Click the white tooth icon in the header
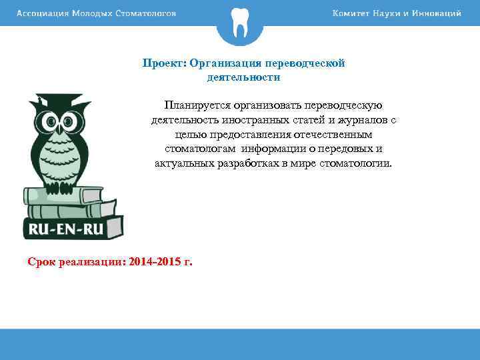click(240, 24)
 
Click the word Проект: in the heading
click(164, 63)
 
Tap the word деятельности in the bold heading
click(243, 77)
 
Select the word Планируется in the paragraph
click(197, 105)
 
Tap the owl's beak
click(67, 131)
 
